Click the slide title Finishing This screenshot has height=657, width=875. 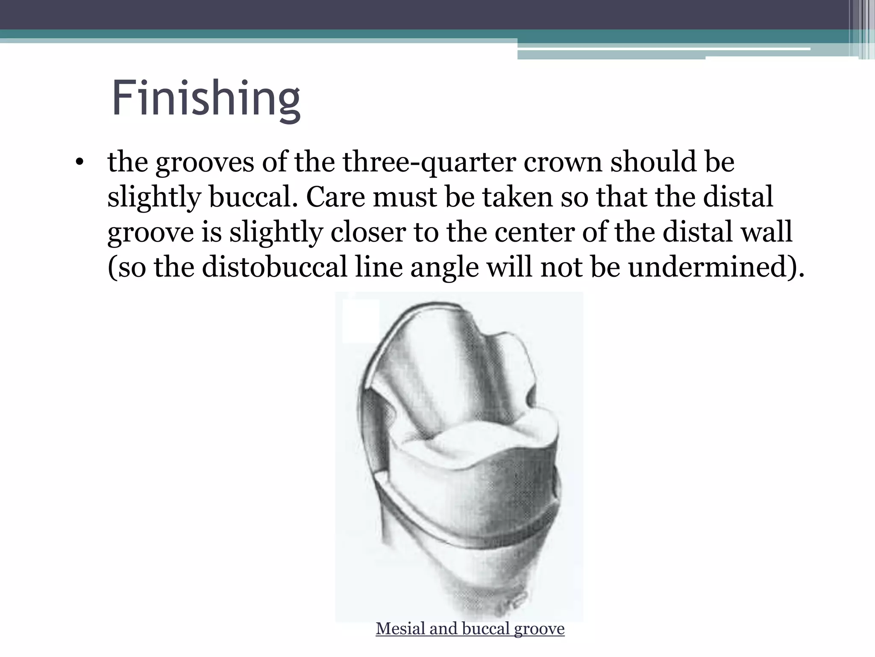(x=206, y=99)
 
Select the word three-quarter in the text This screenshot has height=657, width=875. (x=429, y=163)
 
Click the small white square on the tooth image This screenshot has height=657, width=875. (x=361, y=321)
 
